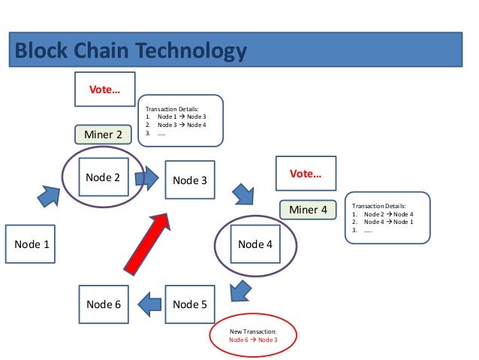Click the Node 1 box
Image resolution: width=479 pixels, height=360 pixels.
click(31, 244)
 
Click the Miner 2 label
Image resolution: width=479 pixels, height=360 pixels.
click(103, 135)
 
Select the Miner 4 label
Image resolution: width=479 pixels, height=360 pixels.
click(308, 210)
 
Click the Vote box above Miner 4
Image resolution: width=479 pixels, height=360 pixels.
click(306, 174)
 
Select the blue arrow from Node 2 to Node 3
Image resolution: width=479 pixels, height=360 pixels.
click(147, 178)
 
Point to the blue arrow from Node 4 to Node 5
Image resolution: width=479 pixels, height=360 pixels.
click(239, 289)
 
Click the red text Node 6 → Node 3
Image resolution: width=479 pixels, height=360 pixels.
click(253, 340)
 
